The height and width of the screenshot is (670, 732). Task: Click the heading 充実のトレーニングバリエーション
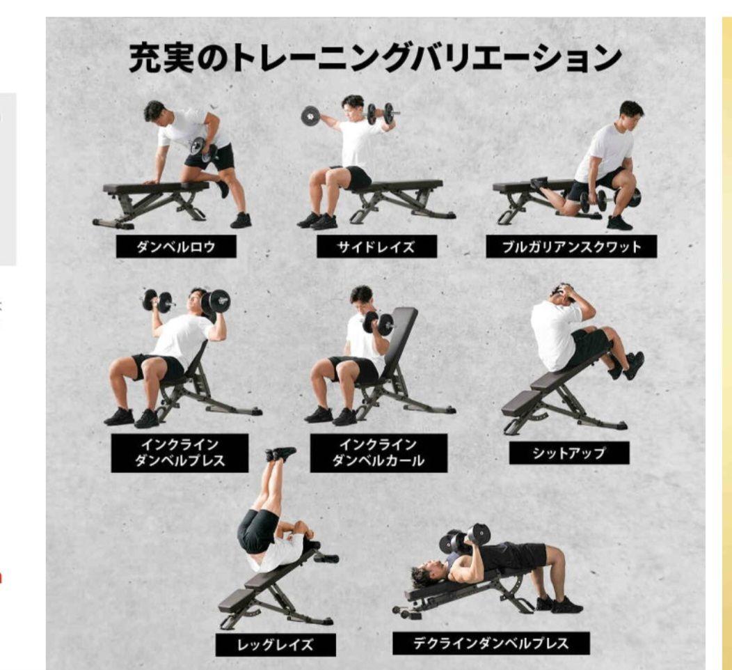[374, 59]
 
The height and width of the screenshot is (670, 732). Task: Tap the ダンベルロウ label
[175, 247]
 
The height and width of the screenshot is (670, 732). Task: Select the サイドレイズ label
[376, 247]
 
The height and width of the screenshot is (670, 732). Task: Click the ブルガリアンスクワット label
[572, 247]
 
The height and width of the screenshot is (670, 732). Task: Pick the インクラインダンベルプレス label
[180, 453]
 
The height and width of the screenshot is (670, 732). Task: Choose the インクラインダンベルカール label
[378, 453]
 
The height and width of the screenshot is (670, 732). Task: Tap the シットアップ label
[568, 453]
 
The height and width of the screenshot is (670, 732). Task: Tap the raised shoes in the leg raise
[281, 454]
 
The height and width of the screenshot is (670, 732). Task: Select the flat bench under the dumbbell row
[156, 187]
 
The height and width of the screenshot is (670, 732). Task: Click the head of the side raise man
[353, 105]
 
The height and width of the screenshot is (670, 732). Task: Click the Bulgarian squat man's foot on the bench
[539, 182]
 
